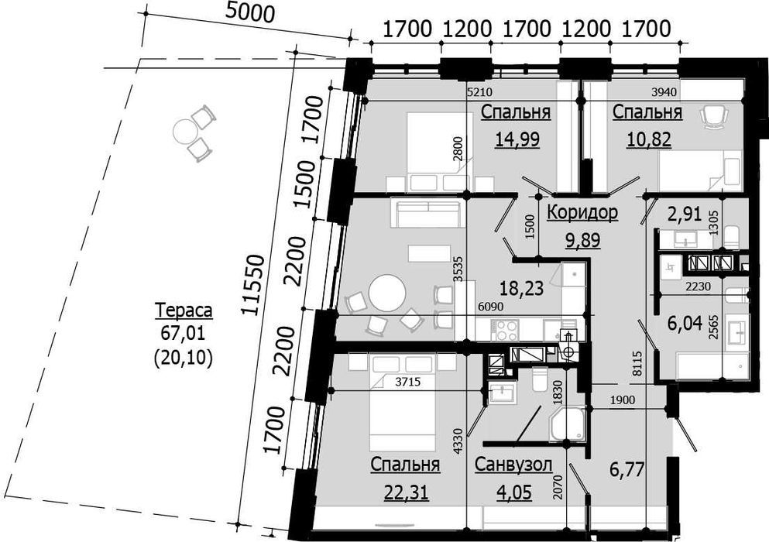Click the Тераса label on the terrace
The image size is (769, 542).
click(x=184, y=310)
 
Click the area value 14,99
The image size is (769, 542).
click(x=515, y=139)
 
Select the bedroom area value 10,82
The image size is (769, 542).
click(x=647, y=139)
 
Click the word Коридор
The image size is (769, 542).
click(x=582, y=213)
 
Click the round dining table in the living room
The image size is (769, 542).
click(x=386, y=294)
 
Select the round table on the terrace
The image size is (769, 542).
click(x=186, y=130)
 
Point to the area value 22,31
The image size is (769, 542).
click(x=404, y=492)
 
